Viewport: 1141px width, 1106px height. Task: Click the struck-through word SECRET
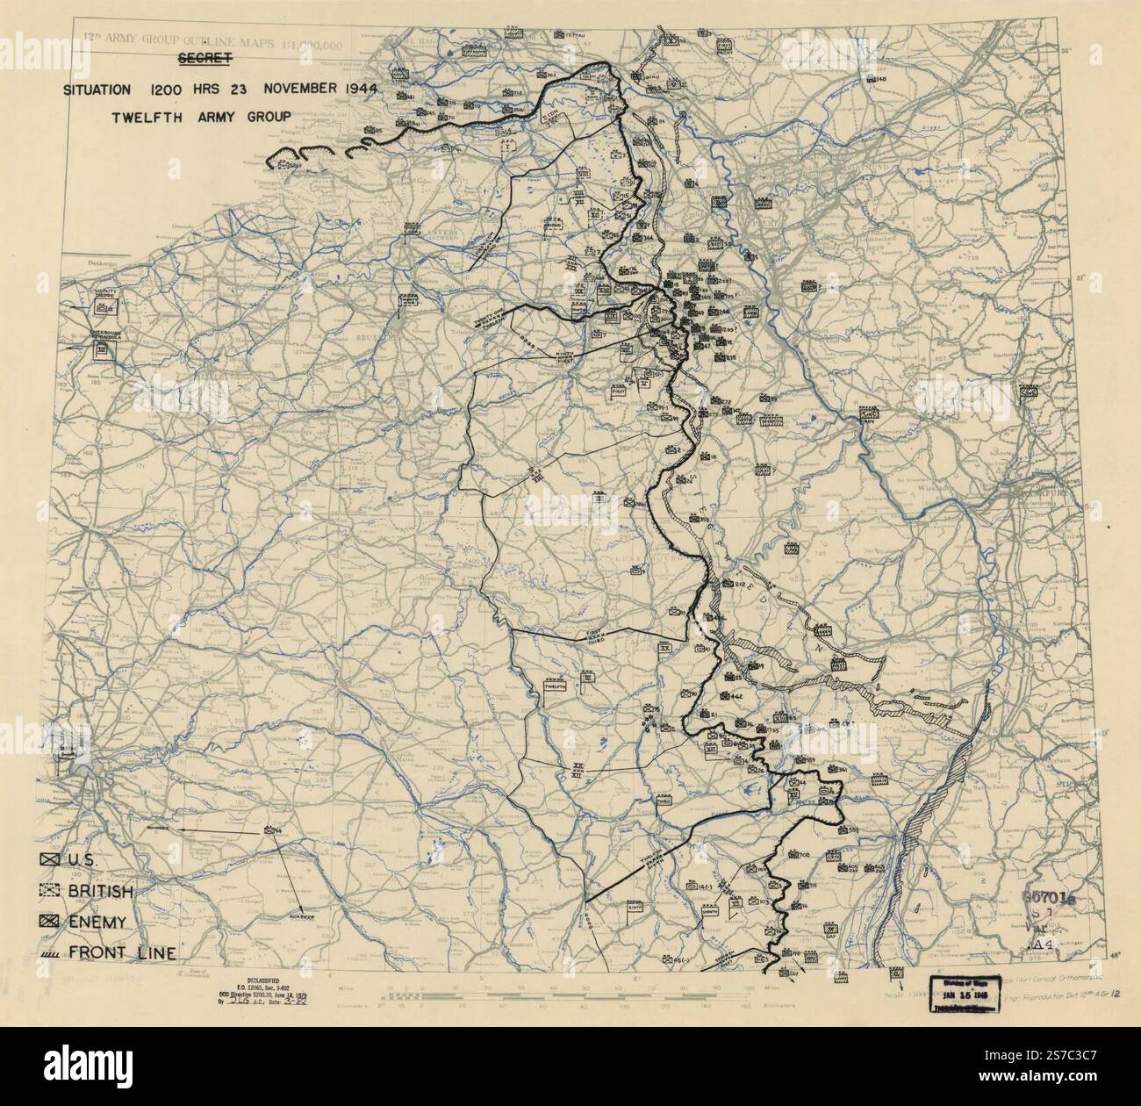point(204,59)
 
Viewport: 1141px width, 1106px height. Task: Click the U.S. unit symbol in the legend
point(50,860)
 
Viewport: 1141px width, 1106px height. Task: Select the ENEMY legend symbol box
point(50,922)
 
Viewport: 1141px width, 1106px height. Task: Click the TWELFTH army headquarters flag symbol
point(555,686)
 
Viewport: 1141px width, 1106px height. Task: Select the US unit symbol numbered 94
point(269,830)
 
